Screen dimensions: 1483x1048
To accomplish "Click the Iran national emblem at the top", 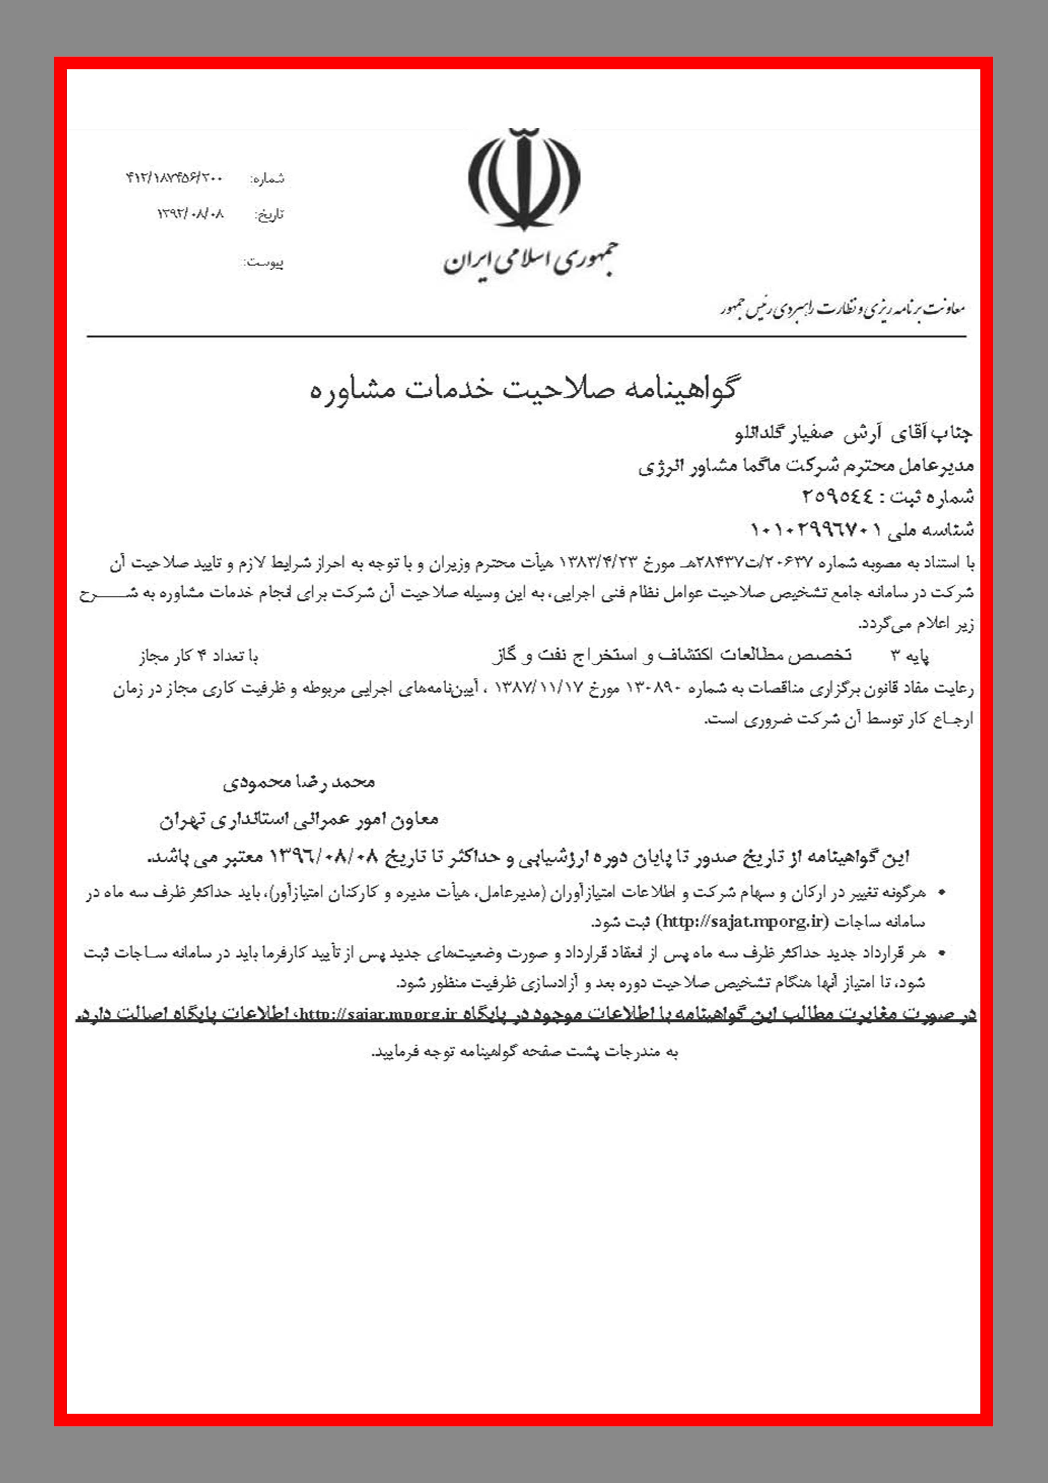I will click(524, 177).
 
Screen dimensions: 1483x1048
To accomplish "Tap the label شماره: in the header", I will click(267, 179).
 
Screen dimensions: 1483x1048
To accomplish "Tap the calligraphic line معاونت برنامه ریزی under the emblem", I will click(843, 310).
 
